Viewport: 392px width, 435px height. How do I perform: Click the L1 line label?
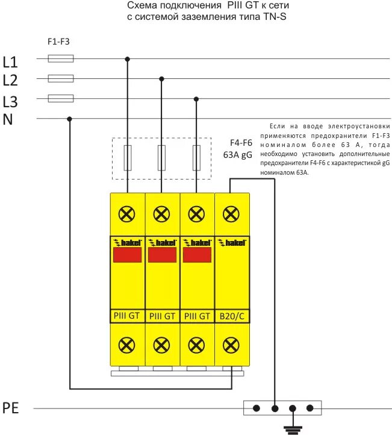tap(10, 61)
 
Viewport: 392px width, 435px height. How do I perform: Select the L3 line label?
tap(10, 101)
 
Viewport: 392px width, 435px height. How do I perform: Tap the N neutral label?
tap(8, 119)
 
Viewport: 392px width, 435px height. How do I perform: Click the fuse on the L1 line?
tap(60, 58)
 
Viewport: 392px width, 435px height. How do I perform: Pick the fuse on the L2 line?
tap(60, 78)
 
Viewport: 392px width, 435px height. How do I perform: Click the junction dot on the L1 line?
tap(127, 59)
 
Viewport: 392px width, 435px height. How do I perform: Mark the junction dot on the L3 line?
tap(196, 98)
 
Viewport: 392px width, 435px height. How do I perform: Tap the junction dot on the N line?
tap(70, 118)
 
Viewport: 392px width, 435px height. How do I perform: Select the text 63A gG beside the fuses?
tap(238, 155)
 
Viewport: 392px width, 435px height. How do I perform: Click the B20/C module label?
tap(232, 315)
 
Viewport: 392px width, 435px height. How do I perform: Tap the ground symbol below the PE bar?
tap(293, 427)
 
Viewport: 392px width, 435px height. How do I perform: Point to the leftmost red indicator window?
tap(127, 255)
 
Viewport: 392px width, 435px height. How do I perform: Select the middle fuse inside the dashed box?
tap(161, 158)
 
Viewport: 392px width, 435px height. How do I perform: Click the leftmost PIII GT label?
tap(127, 315)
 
